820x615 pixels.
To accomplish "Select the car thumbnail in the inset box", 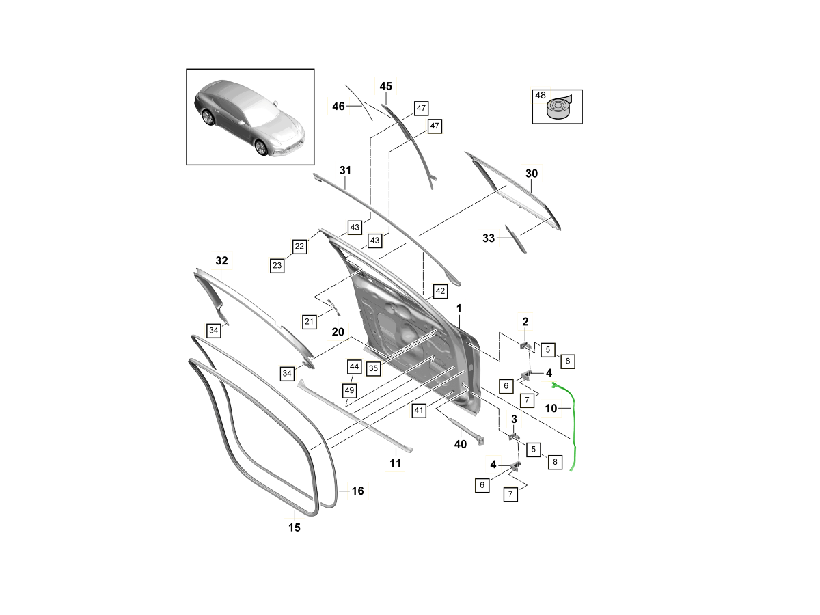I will point(250,117).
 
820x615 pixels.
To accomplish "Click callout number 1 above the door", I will point(459,309).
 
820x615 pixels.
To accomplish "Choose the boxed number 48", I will point(541,96).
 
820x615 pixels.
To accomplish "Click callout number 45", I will point(386,86).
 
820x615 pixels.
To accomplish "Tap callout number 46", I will point(339,106).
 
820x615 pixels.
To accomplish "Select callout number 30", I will point(532,174).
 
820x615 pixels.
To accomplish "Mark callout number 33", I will point(489,238).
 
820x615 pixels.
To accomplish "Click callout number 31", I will point(344,169).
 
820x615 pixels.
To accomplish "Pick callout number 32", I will point(222,261).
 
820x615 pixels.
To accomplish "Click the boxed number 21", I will point(309,321).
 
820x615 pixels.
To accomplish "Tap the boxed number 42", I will point(440,291).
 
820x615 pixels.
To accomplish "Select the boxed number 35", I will point(373,368).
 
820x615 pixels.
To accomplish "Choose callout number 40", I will point(461,444).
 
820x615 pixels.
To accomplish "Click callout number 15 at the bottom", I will point(294,527).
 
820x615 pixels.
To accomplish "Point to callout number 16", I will point(357,491).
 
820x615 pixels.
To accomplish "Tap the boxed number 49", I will point(350,389).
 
